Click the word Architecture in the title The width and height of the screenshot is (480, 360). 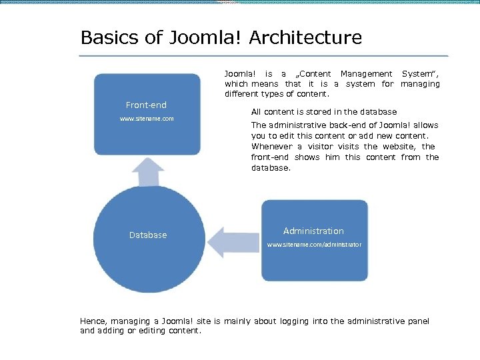point(305,38)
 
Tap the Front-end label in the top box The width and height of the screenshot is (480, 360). point(147,105)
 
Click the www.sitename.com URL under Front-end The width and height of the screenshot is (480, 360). point(147,119)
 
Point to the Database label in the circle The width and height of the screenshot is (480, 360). point(148,235)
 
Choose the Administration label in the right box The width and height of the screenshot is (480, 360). point(313,231)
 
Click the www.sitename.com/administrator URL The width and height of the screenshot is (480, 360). point(314,245)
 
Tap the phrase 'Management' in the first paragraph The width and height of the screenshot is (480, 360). point(366,73)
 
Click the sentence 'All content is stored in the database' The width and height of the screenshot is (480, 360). point(324,112)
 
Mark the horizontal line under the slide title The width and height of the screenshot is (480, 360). point(263,55)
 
